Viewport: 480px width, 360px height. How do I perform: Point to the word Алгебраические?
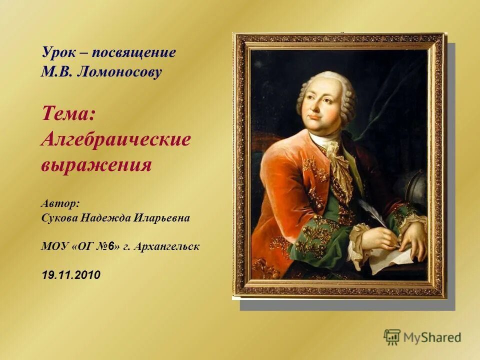[115, 139]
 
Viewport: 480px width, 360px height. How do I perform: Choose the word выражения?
[96, 165]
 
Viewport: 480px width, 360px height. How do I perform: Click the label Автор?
[60, 204]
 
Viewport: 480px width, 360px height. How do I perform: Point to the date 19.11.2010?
[71, 274]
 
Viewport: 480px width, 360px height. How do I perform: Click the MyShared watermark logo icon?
[392, 337]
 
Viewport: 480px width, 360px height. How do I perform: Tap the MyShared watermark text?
[432, 337]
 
